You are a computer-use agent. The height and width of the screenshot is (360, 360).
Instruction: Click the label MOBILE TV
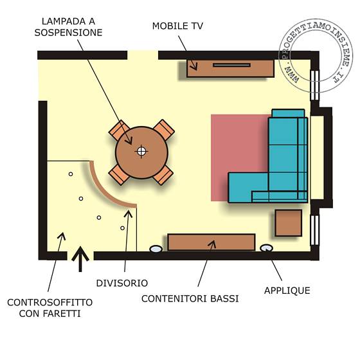pyautogui.click(x=177, y=26)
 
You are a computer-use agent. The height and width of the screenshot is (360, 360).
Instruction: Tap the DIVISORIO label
pyautogui.click(x=122, y=283)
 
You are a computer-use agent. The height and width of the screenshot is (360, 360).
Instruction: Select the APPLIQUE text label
pyautogui.click(x=287, y=291)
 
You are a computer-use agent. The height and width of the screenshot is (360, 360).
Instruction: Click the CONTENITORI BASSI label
pyautogui.click(x=190, y=299)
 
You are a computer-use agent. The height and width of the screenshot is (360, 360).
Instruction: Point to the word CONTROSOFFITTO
pyautogui.click(x=50, y=302)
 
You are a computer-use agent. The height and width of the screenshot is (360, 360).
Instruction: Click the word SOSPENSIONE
pyautogui.click(x=68, y=33)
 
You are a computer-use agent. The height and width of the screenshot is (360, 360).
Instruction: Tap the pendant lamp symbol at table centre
pyautogui.click(x=141, y=151)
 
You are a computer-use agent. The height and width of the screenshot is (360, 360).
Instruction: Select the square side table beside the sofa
pyautogui.click(x=289, y=222)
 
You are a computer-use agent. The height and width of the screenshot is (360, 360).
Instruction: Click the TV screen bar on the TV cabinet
pyautogui.click(x=231, y=65)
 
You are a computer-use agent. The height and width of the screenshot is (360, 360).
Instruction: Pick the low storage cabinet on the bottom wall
pyautogui.click(x=212, y=242)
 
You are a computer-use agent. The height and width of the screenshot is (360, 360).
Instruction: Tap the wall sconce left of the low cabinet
pyautogui.click(x=156, y=249)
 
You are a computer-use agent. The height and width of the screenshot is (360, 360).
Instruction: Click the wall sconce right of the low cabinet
pyautogui.click(x=266, y=248)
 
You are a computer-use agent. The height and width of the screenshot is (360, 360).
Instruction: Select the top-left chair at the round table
pyautogui.click(x=120, y=130)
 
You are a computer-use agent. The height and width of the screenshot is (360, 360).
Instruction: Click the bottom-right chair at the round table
pyautogui.click(x=163, y=175)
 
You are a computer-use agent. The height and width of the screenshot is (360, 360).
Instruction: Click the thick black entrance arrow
pyautogui.click(x=80, y=259)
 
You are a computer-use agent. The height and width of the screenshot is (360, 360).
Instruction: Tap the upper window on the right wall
pyautogui.click(x=314, y=85)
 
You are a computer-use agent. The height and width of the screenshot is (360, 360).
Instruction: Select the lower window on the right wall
pyautogui.click(x=314, y=230)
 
